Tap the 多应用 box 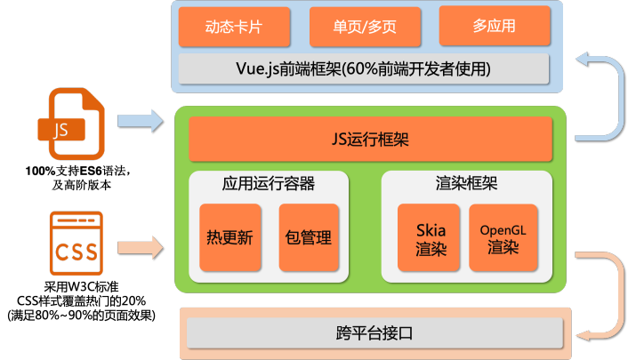(x=495, y=26)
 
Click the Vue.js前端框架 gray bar (x=364, y=68)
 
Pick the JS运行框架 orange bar (x=370, y=140)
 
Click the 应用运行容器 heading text (x=268, y=184)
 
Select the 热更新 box (x=230, y=237)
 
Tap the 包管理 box (x=309, y=237)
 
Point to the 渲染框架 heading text (x=467, y=184)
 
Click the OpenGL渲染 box (x=503, y=237)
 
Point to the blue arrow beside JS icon (x=141, y=119)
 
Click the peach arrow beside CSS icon (x=141, y=246)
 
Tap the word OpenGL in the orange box (x=503, y=229)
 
